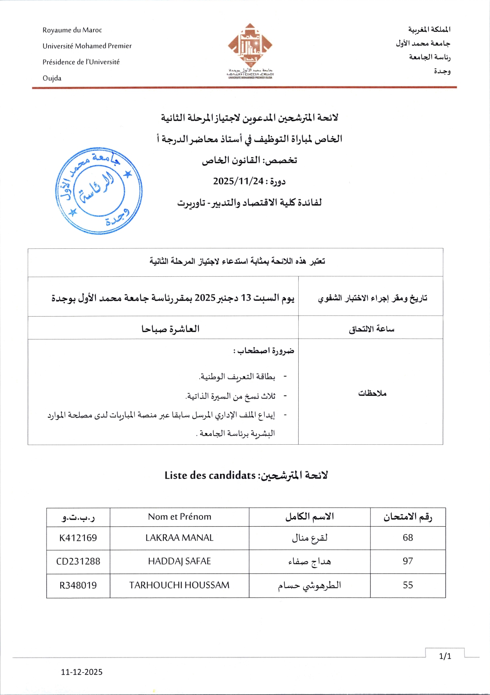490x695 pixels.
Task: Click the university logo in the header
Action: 250,51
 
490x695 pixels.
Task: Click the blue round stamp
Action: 99,191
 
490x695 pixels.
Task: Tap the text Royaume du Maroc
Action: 72,30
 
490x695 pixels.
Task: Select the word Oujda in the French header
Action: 52,78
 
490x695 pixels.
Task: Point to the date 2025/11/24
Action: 238,181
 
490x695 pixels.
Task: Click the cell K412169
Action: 78,538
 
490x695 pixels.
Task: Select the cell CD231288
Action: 78,561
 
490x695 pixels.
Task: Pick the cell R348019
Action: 78,585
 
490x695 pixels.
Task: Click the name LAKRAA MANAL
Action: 180,538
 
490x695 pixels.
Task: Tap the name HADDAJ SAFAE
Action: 180,561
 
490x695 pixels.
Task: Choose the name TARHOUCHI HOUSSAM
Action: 180,585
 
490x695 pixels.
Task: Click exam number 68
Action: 408,538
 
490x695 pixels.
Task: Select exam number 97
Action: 408,561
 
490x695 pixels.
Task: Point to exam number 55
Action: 408,585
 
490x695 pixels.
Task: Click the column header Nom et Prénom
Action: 180,517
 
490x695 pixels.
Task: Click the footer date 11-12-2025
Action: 82,672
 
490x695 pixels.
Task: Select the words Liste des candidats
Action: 210,475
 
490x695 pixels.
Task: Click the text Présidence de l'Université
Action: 81,62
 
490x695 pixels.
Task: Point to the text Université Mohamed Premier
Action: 87,46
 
